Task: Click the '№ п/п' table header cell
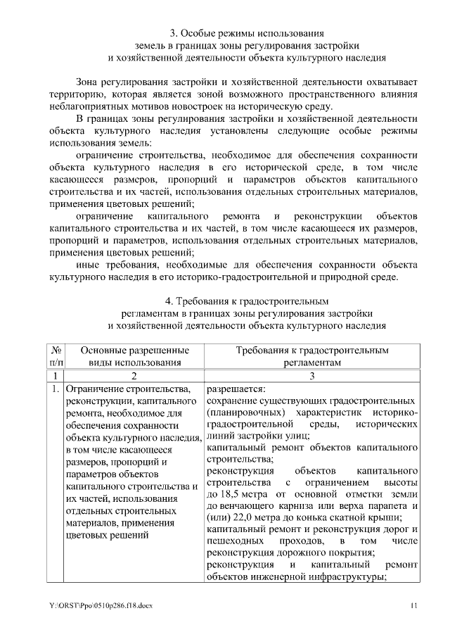click(x=56, y=355)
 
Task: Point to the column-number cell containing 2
click(x=134, y=376)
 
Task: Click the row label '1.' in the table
click(x=55, y=389)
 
